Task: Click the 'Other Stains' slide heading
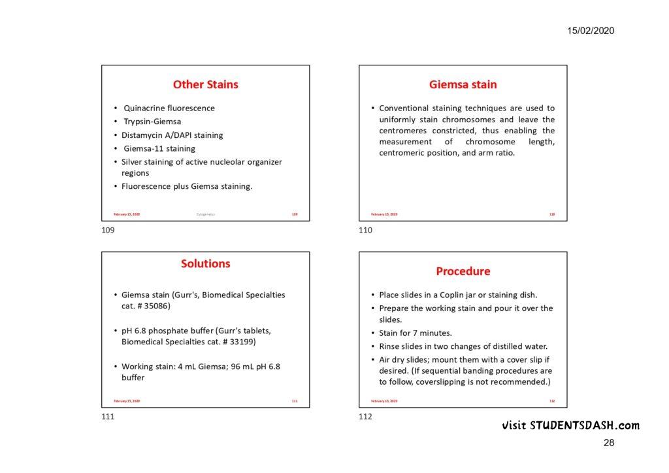(x=205, y=84)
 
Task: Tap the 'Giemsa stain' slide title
(x=463, y=84)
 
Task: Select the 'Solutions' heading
(x=205, y=264)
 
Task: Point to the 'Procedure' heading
(x=463, y=271)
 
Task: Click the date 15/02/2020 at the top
(x=591, y=31)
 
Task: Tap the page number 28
(x=609, y=443)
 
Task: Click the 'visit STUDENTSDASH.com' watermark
(x=571, y=426)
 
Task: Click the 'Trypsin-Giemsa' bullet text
(x=152, y=122)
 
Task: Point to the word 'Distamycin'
(x=141, y=135)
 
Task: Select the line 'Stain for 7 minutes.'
(x=416, y=333)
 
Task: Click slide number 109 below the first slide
(x=108, y=230)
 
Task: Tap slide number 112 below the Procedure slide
(x=365, y=417)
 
